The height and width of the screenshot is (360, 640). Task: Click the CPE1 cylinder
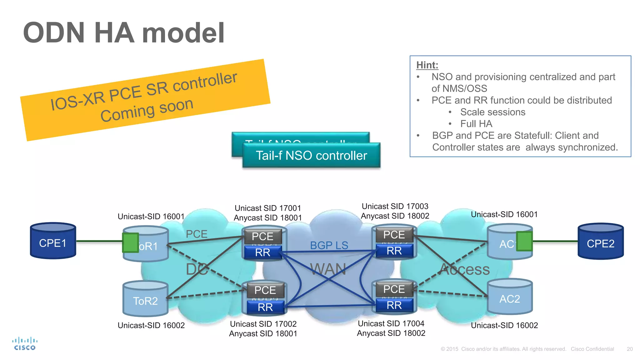[x=53, y=241]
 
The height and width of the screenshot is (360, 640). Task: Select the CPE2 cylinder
[x=600, y=242]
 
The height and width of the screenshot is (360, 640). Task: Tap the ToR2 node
[x=145, y=299]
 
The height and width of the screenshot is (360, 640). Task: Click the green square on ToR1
[x=130, y=242]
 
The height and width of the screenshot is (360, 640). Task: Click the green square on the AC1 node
[x=524, y=241]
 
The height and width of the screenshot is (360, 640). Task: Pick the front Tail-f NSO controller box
[x=311, y=156]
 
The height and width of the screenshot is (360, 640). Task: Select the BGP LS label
[x=329, y=245]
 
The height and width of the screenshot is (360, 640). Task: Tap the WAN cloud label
[x=328, y=269]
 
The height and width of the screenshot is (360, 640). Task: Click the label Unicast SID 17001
[x=267, y=208]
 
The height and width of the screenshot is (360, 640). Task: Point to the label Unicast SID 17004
[x=391, y=323]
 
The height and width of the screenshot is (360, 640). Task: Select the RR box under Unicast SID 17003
[x=394, y=251]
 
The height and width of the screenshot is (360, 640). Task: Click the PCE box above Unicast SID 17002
[x=265, y=290]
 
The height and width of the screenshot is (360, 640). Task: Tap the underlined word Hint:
[x=427, y=65]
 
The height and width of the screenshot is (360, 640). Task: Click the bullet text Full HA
[x=476, y=124]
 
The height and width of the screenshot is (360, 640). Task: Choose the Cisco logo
[x=25, y=343]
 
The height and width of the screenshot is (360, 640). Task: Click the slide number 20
[x=630, y=349]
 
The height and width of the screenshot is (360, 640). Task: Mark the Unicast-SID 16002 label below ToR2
[x=151, y=325]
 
